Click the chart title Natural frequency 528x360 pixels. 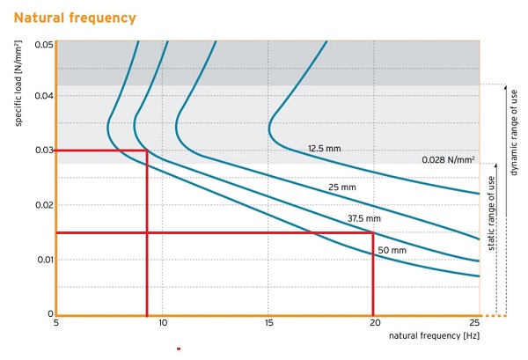(76, 17)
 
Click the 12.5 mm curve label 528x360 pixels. (324, 149)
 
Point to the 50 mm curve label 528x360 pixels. (392, 250)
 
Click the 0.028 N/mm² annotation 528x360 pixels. (449, 160)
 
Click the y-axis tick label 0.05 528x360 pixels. (43, 44)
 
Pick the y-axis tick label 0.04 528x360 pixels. (43, 96)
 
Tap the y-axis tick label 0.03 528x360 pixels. (43, 151)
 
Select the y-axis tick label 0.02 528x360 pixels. (43, 205)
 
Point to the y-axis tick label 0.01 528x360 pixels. (43, 260)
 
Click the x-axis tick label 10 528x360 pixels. (163, 324)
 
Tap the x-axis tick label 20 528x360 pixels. (374, 324)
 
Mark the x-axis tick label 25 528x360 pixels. (475, 324)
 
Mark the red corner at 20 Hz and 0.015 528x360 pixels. (374, 233)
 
